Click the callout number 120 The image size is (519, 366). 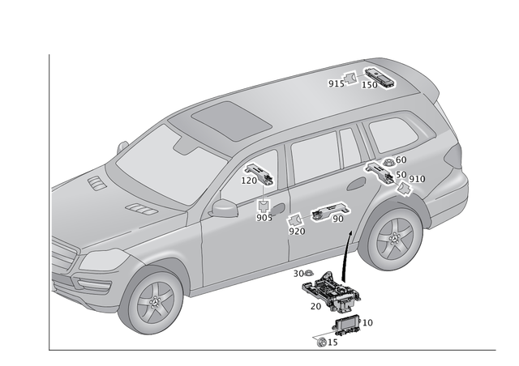(x=249, y=181)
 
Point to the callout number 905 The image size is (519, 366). (x=264, y=218)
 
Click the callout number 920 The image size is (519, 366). (x=297, y=231)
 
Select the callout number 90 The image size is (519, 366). (x=338, y=219)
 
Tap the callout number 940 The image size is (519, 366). (x=418, y=178)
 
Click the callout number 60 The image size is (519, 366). (x=401, y=160)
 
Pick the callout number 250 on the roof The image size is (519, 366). (x=370, y=83)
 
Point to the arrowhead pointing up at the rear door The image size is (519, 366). (x=350, y=233)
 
